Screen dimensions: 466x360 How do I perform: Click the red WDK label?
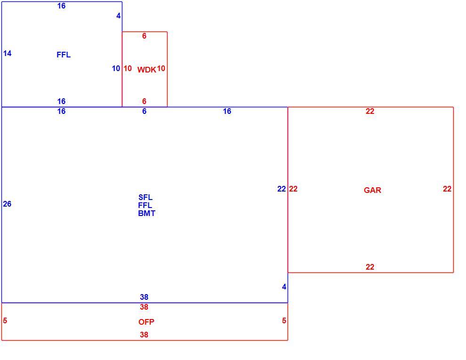point(146,70)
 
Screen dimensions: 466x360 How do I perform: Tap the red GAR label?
point(372,190)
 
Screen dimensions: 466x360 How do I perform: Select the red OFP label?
point(146,322)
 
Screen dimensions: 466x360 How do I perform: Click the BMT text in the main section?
point(146,213)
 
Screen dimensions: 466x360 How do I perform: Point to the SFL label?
point(145,197)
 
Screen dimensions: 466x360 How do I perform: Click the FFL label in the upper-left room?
point(64,55)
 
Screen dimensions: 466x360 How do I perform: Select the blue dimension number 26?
point(7,204)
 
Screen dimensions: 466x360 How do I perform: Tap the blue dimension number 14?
point(7,53)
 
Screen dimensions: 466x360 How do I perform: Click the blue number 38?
point(144,297)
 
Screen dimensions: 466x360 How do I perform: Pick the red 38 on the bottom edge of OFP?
point(144,335)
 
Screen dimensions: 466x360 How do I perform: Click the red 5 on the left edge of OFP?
point(5,320)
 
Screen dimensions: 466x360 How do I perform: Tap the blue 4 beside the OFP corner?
point(284,287)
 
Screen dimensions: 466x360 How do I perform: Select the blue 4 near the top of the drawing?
point(119,16)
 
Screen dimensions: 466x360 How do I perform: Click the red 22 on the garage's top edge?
point(370,111)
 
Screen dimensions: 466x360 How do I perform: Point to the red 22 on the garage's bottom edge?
point(370,267)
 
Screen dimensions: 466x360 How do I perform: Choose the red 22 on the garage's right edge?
point(447,189)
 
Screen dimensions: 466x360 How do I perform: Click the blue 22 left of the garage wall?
point(281,189)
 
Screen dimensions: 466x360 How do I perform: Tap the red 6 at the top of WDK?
point(144,36)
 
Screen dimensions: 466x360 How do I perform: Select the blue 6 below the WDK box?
point(145,111)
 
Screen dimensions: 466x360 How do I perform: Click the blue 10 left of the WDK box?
point(116,68)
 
